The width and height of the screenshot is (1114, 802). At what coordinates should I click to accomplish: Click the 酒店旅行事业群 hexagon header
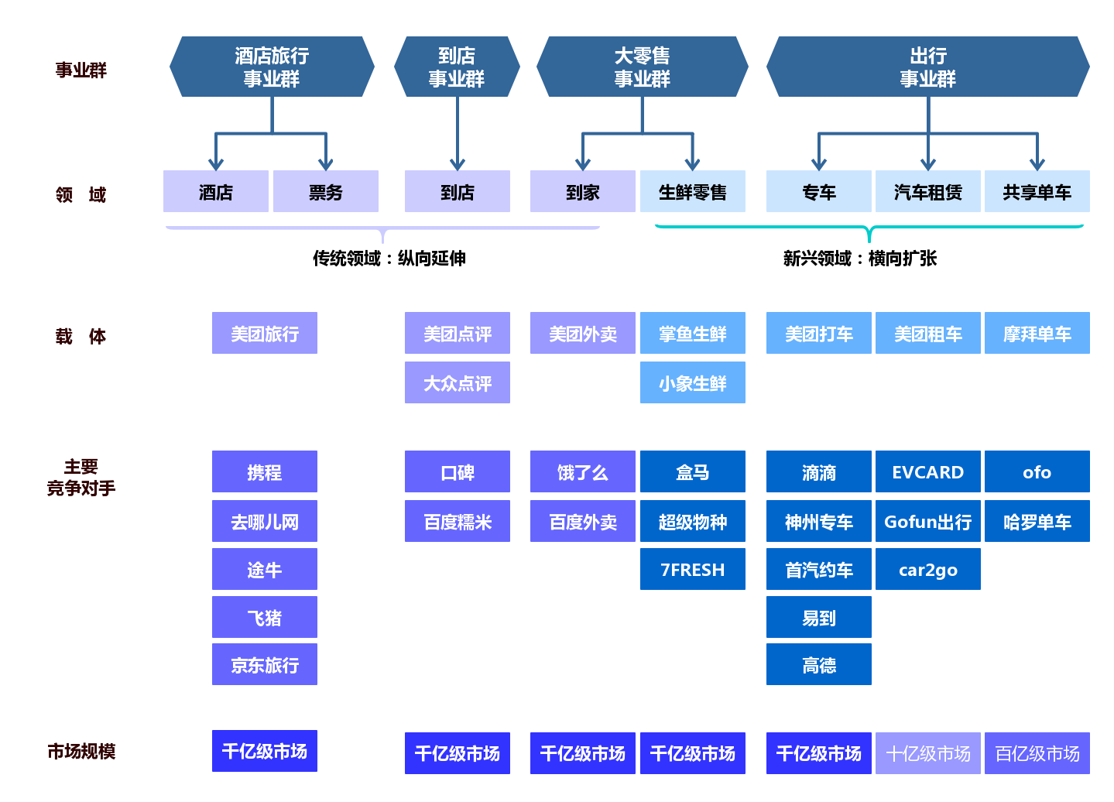coord(272,67)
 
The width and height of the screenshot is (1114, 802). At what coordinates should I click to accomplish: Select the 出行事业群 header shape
coord(927,67)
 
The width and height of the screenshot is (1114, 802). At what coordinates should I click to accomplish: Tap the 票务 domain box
coord(325,191)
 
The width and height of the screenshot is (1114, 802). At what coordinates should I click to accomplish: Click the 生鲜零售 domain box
coord(692,191)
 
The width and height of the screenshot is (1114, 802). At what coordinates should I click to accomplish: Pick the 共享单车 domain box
coord(1037,191)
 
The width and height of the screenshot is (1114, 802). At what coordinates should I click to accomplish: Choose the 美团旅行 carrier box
coord(264,333)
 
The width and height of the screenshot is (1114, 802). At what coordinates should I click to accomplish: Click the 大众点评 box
coord(457,382)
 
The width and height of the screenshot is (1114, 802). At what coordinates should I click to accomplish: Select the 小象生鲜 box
coord(692,382)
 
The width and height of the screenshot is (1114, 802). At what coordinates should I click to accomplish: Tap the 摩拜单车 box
coord(1037,333)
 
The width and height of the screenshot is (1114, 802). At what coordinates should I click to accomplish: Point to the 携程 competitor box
coord(264,471)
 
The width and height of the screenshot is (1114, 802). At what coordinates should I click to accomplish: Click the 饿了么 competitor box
coord(582,471)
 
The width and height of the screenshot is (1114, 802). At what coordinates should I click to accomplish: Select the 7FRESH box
coord(692,569)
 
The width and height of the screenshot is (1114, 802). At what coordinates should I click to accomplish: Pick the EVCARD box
coord(927,471)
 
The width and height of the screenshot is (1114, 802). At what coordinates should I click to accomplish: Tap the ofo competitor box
coord(1037,471)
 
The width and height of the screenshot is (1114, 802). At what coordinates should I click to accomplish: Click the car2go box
coord(927,569)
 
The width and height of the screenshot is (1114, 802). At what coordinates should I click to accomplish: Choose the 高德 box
coord(818,664)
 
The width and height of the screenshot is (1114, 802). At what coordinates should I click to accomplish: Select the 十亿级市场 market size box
coord(927,753)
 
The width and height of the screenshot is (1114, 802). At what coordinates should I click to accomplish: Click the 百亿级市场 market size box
coord(1037,753)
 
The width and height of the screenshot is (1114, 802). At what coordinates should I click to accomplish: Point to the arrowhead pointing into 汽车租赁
coord(927,164)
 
